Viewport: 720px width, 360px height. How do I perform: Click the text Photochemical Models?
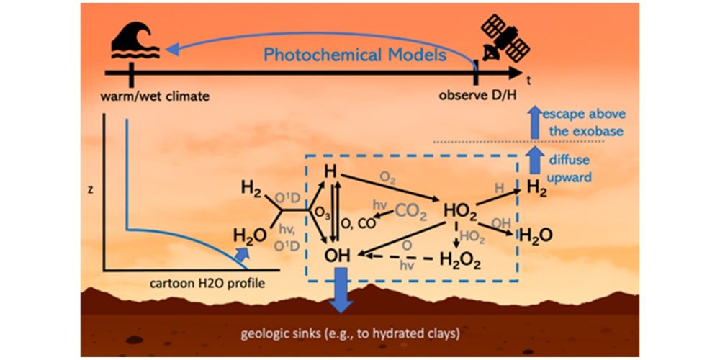(x=354, y=55)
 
